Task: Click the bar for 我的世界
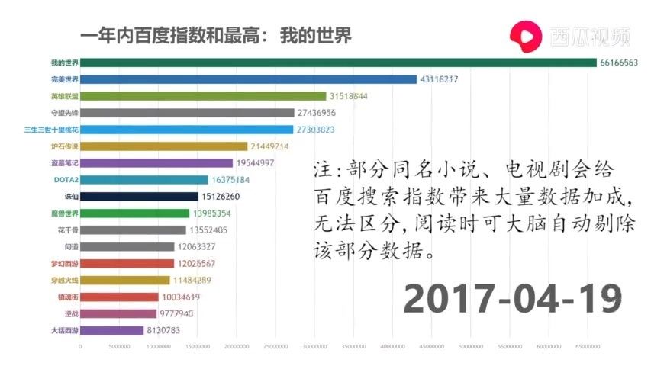tap(338, 63)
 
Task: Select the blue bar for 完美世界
tap(249, 79)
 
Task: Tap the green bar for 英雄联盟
tap(203, 96)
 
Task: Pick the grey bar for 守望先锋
tap(187, 113)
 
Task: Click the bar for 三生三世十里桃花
tap(187, 130)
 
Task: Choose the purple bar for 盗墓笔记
tap(156, 163)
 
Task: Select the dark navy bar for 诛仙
tap(139, 197)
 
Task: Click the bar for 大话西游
tap(111, 331)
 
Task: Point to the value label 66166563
tap(619, 63)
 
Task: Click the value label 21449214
tap(269, 146)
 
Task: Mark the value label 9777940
tap(176, 314)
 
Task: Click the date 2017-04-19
tap(512, 297)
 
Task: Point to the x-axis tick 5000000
tap(119, 346)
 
